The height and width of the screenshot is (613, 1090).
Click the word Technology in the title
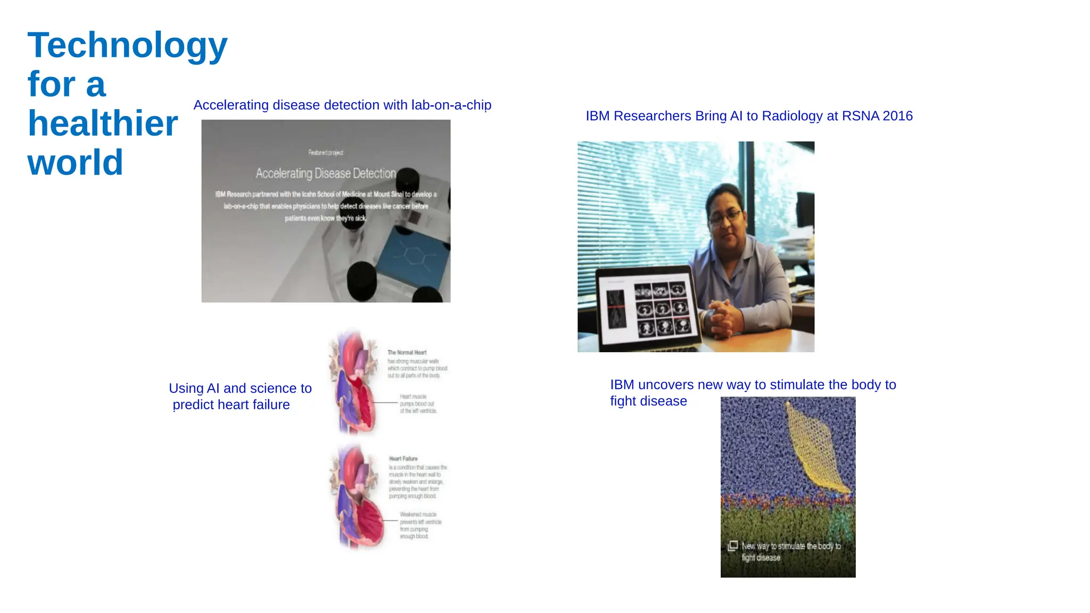(127, 46)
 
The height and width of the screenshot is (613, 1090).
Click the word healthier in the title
(103, 123)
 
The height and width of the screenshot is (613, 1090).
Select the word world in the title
(75, 162)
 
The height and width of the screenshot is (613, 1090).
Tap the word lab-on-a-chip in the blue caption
(451, 105)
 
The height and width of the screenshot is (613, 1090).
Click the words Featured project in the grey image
(326, 153)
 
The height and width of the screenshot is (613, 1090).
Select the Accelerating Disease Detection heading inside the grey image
(326, 173)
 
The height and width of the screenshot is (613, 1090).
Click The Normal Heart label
(407, 352)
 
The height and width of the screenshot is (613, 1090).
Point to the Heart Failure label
(403, 459)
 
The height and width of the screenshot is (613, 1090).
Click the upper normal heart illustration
(354, 383)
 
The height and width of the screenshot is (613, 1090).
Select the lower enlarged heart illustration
(357, 498)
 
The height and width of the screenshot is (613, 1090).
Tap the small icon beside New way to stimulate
(733, 545)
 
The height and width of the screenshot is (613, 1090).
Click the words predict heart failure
(231, 405)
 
